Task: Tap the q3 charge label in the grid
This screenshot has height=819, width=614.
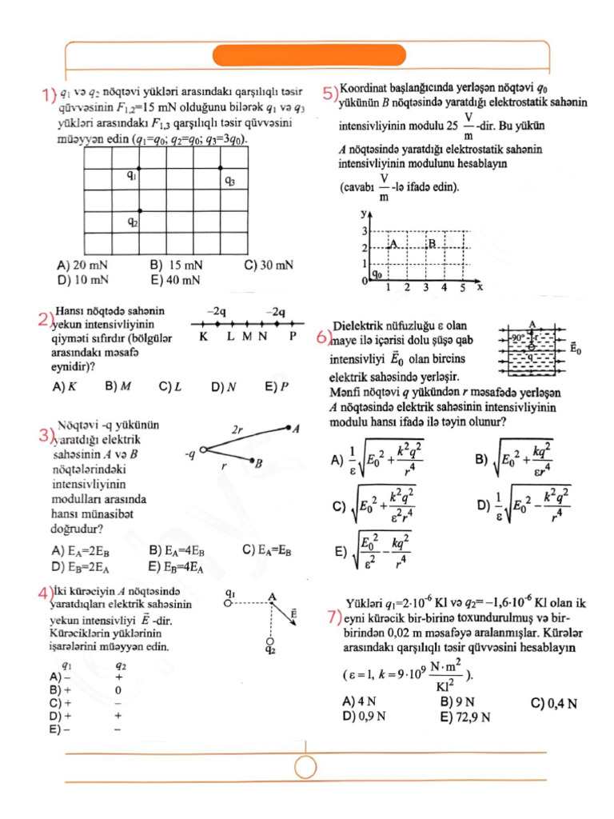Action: click(x=229, y=182)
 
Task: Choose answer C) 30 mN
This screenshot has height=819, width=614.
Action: click(x=269, y=265)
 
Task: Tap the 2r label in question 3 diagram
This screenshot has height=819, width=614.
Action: click(x=237, y=430)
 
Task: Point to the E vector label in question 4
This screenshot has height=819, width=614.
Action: click(x=295, y=613)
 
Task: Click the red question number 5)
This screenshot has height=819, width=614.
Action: click(x=330, y=93)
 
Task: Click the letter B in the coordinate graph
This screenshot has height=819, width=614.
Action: click(x=432, y=243)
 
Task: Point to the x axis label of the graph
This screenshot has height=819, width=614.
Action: click(x=478, y=285)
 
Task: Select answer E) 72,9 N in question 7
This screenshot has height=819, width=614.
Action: click(x=467, y=717)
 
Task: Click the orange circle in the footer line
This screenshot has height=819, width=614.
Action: click(x=306, y=767)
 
